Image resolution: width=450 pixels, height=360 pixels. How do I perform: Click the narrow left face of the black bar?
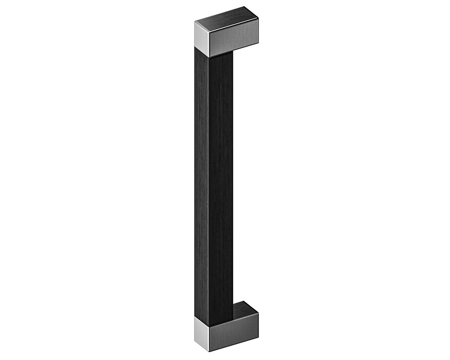(202, 176)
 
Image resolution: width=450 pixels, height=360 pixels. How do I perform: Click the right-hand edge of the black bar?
(233, 176)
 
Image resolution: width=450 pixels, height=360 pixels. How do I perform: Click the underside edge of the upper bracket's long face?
(234, 51)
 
